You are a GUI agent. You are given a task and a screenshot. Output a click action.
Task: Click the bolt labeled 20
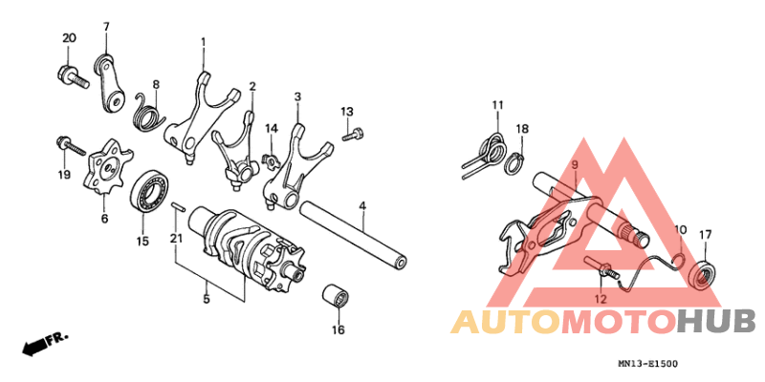(73, 77)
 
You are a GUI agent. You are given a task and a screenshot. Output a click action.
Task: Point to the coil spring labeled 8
(149, 112)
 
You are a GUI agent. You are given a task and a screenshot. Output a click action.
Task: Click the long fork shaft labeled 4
(355, 235)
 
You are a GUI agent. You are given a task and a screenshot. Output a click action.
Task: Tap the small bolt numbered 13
(353, 134)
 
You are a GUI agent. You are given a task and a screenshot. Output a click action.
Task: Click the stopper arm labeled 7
(110, 83)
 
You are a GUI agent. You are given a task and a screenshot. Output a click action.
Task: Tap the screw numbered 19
(71, 145)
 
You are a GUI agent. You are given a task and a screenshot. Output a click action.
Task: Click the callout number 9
(575, 164)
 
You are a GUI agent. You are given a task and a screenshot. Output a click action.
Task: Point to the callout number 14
(272, 129)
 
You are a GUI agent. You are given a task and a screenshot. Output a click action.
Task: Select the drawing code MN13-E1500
(647, 364)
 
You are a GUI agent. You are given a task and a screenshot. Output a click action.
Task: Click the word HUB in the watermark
(717, 322)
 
